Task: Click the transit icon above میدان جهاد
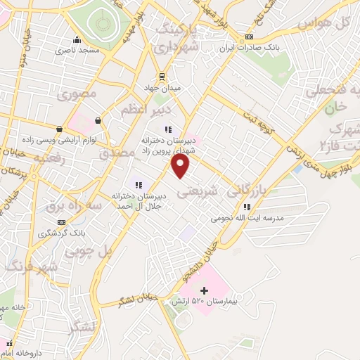(162, 77)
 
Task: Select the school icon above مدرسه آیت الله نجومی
(247, 207)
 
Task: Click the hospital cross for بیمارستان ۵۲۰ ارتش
(204, 290)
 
